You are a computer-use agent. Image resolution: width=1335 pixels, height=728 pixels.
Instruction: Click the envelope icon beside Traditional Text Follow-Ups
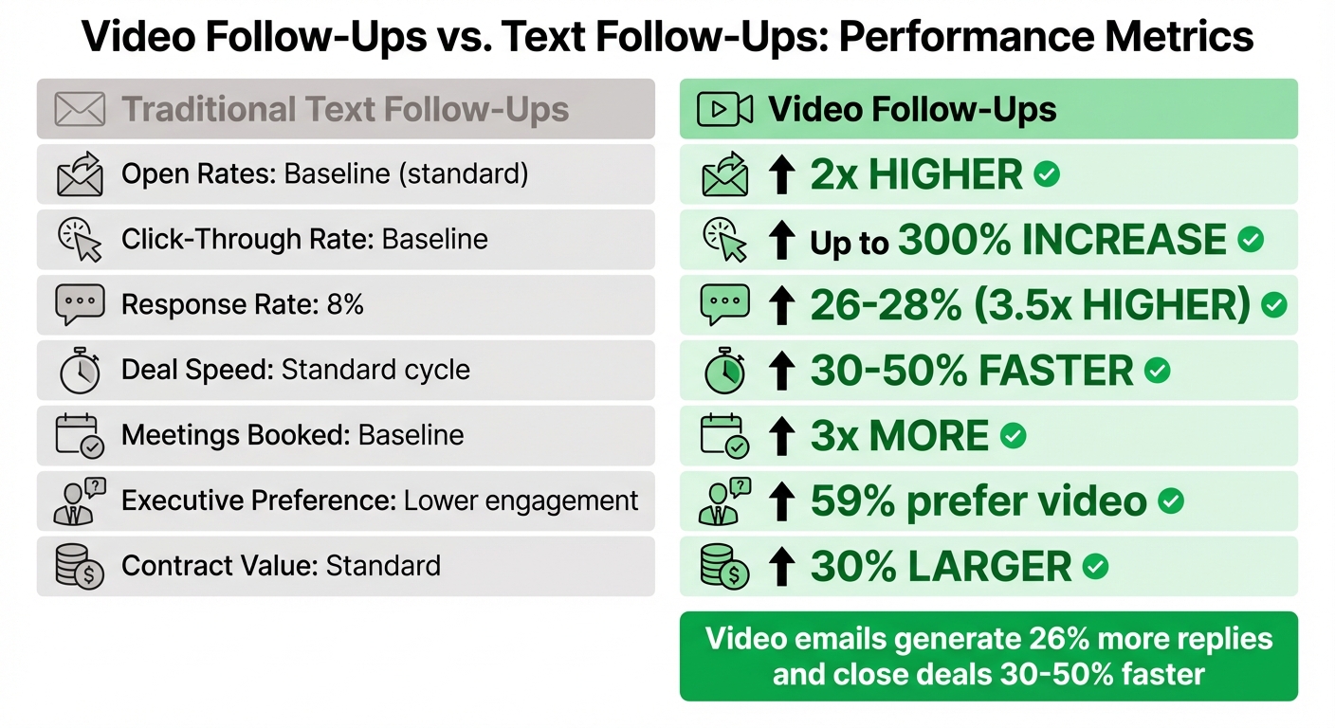(x=80, y=110)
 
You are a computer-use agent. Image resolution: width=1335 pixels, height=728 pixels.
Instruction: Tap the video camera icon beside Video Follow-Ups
(x=724, y=110)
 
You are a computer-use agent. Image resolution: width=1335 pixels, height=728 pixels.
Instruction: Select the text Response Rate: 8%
(x=242, y=304)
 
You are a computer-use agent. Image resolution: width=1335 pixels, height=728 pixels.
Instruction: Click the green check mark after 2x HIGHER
(x=1047, y=174)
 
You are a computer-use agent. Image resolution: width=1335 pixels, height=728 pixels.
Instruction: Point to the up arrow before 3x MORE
(x=781, y=436)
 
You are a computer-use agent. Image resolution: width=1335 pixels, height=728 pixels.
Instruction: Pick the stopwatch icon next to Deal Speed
(x=80, y=371)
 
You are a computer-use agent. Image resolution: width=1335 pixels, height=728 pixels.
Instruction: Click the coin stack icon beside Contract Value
(x=80, y=567)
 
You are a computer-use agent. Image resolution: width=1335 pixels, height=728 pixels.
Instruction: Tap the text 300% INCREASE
(x=1061, y=240)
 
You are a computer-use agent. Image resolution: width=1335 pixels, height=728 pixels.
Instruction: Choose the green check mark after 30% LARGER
(x=1096, y=567)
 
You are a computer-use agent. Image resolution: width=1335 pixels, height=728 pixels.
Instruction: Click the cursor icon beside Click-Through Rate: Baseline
(x=80, y=240)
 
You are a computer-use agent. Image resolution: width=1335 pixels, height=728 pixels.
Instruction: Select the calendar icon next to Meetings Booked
(x=80, y=436)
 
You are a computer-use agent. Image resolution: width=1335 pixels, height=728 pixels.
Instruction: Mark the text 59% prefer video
(x=978, y=501)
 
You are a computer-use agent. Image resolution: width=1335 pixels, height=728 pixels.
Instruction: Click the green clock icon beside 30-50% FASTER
(x=724, y=371)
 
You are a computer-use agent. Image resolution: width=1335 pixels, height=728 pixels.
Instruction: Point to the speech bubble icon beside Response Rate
(x=80, y=304)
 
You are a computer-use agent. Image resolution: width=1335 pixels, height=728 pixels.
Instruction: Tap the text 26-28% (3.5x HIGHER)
(x=1031, y=305)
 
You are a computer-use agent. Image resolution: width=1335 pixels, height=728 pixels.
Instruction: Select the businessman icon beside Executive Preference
(x=80, y=501)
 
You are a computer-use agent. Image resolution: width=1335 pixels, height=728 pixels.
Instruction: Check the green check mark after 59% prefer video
(x=1171, y=501)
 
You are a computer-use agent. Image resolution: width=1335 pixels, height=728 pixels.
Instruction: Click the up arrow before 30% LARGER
(x=781, y=567)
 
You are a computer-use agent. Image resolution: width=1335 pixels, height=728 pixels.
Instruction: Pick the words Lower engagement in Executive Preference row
(x=521, y=500)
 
